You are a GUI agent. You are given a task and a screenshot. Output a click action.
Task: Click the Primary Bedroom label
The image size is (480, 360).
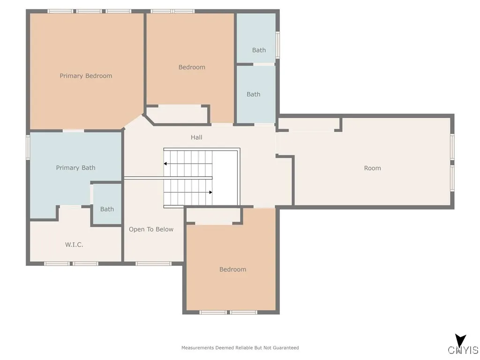(86, 76)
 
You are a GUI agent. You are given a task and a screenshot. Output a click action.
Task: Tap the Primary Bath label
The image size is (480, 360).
(75, 168)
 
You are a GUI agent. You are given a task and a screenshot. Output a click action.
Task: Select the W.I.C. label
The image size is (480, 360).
(74, 245)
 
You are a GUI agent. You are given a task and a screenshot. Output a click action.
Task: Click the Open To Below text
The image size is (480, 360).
(151, 229)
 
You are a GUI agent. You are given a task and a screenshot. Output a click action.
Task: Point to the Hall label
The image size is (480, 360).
(196, 137)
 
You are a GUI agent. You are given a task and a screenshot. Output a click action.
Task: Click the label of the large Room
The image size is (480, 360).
(373, 168)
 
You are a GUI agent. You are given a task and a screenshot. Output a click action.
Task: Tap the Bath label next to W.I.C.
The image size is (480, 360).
(107, 209)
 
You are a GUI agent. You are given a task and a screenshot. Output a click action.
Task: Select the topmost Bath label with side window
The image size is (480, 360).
(259, 50)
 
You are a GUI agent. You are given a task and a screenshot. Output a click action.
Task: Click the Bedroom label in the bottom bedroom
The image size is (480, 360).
(232, 270)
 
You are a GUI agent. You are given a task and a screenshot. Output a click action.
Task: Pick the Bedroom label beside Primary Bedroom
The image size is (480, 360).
(192, 67)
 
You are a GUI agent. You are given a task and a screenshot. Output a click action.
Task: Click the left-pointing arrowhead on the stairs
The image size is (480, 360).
(165, 164)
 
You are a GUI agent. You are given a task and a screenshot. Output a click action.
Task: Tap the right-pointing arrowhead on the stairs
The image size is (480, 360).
(210, 192)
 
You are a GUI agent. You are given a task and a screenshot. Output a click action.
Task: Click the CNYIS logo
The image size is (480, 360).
(463, 345)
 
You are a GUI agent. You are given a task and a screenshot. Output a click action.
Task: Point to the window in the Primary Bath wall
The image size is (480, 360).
(28, 147)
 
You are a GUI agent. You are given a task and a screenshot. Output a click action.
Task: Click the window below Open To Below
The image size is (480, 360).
(153, 263)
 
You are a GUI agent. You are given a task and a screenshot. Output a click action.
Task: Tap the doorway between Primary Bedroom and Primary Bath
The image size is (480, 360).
(74, 131)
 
